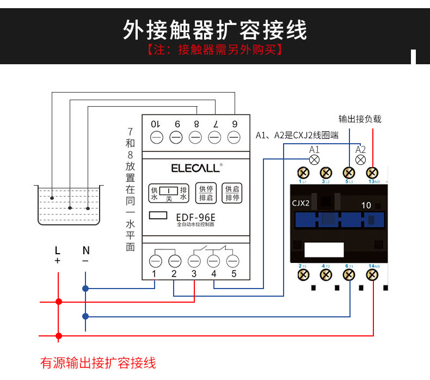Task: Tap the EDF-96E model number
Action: pos(195,217)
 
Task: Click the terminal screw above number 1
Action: pos(155,260)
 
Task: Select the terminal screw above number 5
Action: pos(233,260)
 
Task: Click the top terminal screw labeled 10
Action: pos(156,137)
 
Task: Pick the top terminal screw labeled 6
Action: pos(235,137)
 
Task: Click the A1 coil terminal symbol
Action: pos(314,160)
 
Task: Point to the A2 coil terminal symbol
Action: pos(360,160)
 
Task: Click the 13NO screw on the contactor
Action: pos(373,173)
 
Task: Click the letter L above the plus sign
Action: pos(57,250)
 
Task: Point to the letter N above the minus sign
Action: pos(85,250)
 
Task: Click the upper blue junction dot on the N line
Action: pos(85,288)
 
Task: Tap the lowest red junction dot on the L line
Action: pos(59,335)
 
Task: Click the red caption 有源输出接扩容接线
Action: pos(98,363)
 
